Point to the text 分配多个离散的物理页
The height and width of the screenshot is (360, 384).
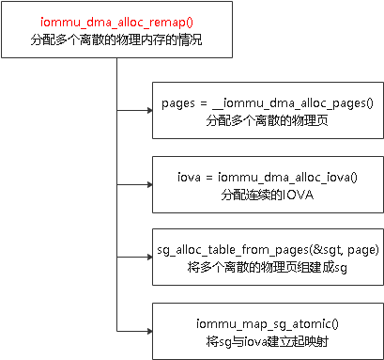[263, 120]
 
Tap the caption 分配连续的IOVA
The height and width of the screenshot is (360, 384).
[263, 194]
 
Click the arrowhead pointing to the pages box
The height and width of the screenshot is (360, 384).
[147, 111]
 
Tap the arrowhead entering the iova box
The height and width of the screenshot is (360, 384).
[147, 185]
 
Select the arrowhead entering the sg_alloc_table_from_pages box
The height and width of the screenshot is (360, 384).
[147, 258]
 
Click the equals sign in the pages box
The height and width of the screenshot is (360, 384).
[208, 102]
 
